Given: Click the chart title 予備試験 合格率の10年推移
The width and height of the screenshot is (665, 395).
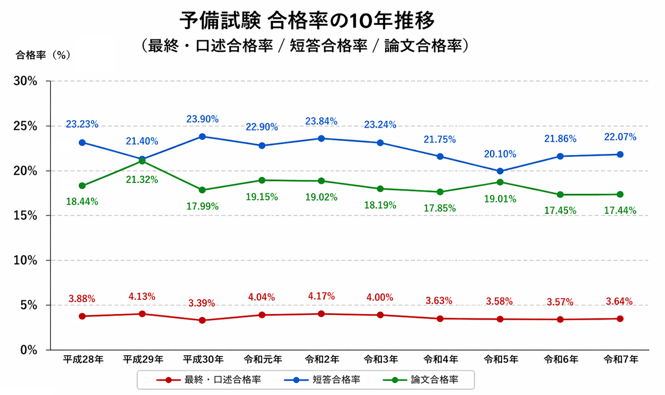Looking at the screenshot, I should click(x=306, y=20).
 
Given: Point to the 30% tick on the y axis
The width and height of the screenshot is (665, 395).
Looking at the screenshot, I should click(x=25, y=81).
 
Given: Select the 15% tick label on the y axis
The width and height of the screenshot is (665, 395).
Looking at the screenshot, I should click(x=25, y=216).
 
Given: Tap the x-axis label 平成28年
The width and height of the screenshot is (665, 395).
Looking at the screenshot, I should click(x=82, y=360).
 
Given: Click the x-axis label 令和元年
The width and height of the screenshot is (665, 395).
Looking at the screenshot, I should click(x=262, y=360).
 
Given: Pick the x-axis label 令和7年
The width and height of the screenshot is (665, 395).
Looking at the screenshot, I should click(x=620, y=360).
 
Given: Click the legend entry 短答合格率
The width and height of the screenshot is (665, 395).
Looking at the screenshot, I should click(x=336, y=380).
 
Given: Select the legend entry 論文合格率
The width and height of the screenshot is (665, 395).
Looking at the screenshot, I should click(x=434, y=380).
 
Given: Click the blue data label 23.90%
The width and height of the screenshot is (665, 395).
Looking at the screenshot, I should click(x=202, y=119).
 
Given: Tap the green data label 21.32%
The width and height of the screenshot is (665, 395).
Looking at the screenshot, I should click(x=142, y=180).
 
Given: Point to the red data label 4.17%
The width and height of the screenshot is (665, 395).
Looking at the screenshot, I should click(x=321, y=296).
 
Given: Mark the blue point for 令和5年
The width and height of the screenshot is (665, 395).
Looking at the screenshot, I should click(x=500, y=171).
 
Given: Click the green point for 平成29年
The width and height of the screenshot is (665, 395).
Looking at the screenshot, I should click(x=142, y=161).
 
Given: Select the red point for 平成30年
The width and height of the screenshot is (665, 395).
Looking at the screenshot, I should click(x=202, y=320).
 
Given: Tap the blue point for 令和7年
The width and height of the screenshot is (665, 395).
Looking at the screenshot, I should click(x=620, y=154).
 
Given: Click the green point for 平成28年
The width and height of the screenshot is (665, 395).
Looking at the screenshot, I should click(x=82, y=186).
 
